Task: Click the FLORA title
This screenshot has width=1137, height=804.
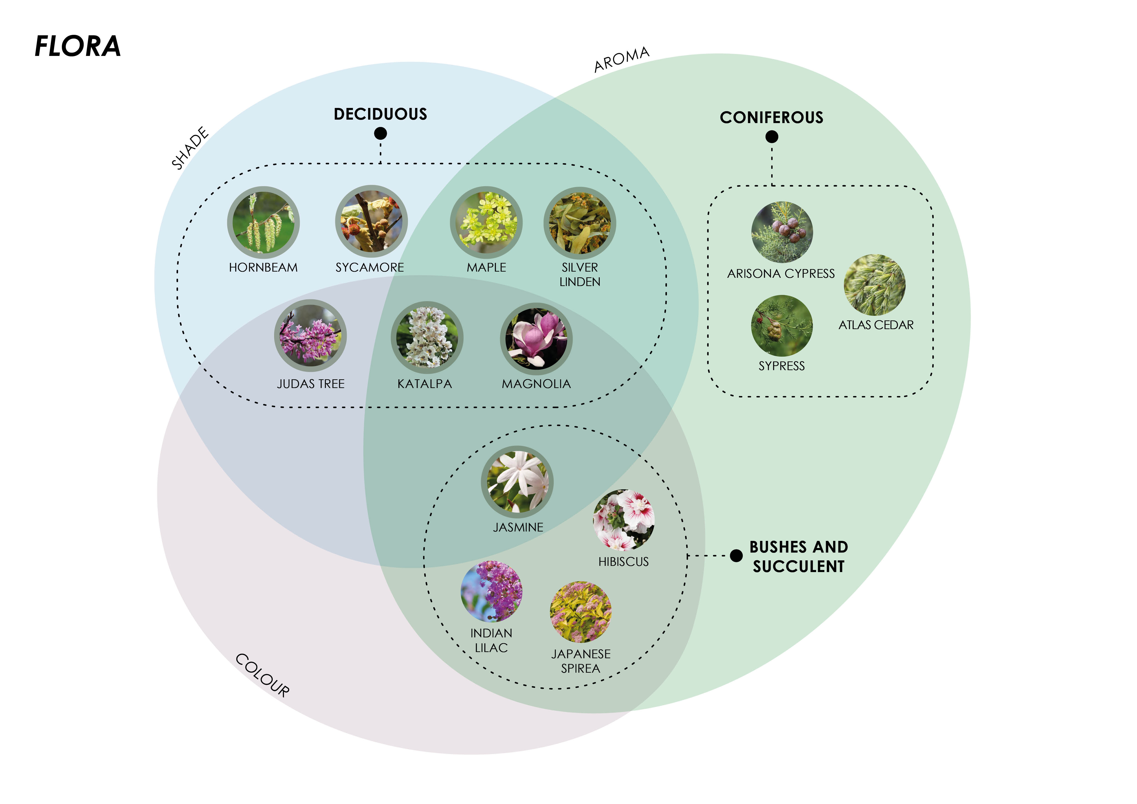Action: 78,47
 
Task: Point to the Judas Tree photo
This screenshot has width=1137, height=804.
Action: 311,336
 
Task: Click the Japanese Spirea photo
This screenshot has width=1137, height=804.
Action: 580,612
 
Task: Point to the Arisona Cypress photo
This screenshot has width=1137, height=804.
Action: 782,232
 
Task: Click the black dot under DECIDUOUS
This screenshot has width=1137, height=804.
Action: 380,133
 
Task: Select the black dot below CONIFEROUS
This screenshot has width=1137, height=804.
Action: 771,137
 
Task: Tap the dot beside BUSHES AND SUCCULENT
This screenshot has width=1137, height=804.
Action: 736,556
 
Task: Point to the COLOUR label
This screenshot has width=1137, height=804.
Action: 262,675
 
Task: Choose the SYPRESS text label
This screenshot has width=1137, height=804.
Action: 782,366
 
